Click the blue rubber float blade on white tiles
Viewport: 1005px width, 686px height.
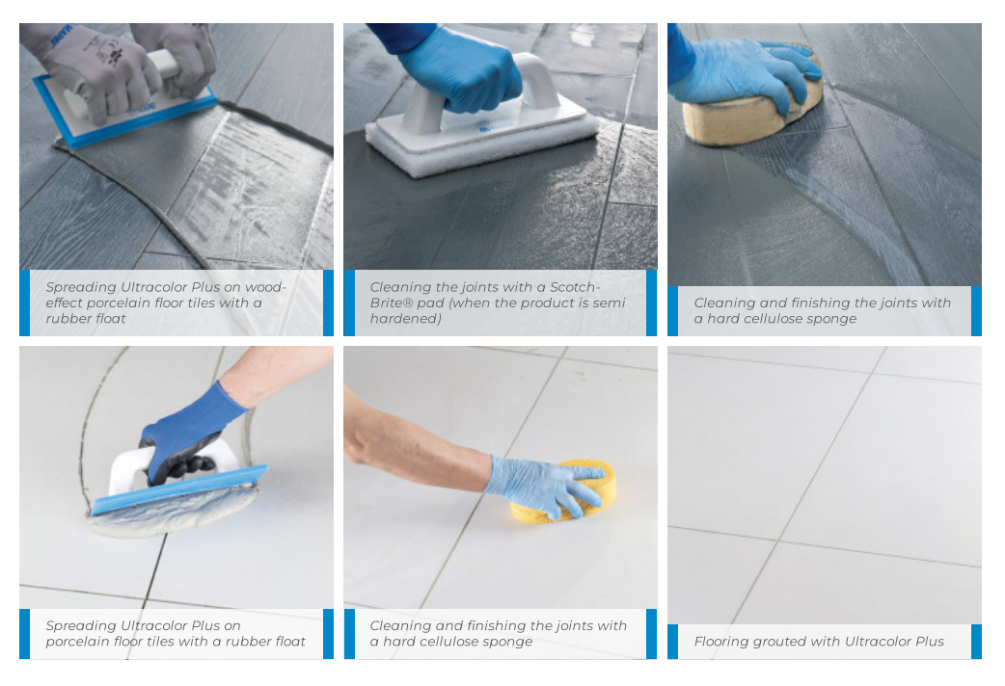[178, 490]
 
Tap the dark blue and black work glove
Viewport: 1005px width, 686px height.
[187, 435]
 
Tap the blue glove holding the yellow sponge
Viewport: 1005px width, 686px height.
[545, 485]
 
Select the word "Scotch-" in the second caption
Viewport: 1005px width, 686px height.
[575, 287]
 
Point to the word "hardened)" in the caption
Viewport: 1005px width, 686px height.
[406, 318]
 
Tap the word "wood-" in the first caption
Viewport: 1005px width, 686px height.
[265, 287]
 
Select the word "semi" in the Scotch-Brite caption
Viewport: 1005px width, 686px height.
[610, 303]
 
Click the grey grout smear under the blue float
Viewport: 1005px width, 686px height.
[173, 513]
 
